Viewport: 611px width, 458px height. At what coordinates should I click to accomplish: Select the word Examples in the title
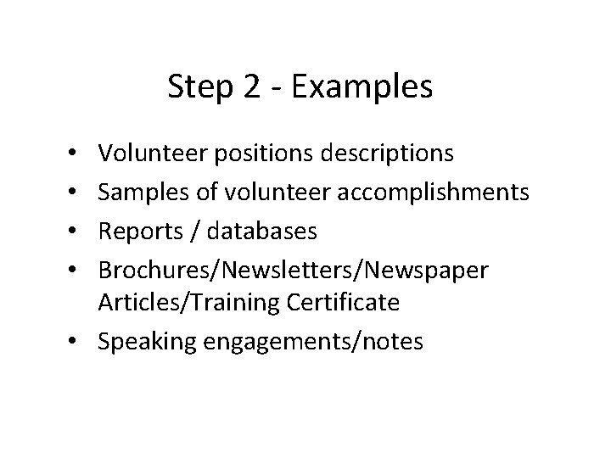tap(363, 87)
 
